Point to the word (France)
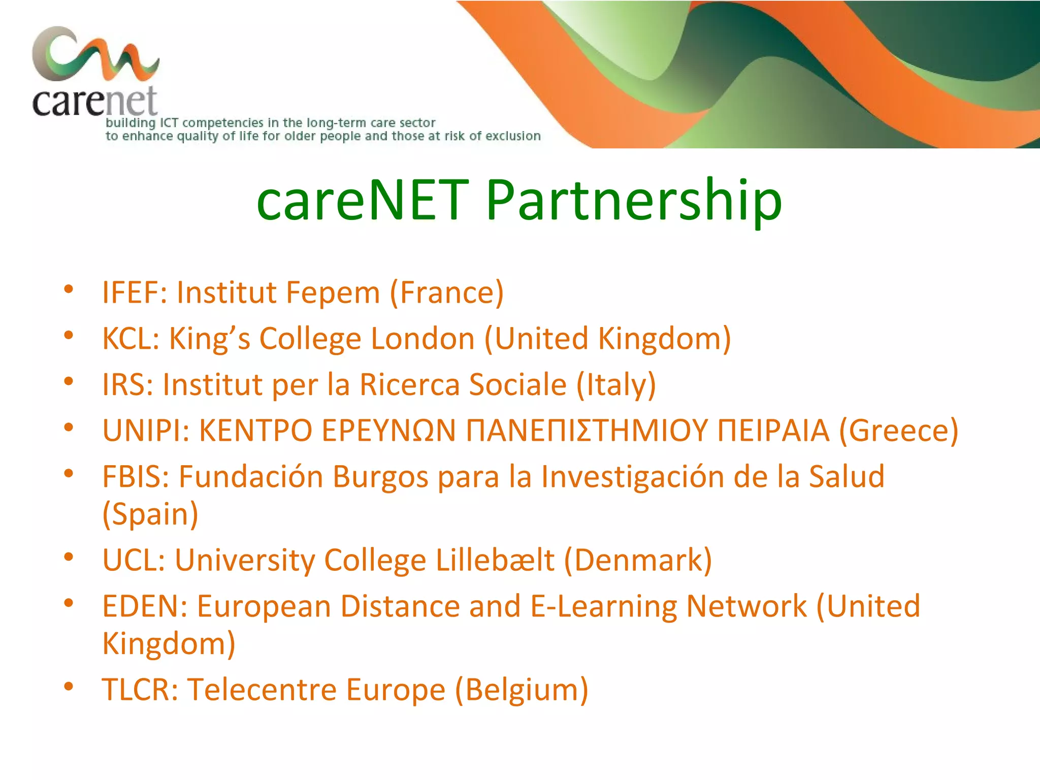[x=446, y=292]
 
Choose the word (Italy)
[x=616, y=384]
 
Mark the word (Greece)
[x=898, y=431]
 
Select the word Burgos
[x=380, y=477]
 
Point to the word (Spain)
[x=150, y=514]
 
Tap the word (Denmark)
[x=638, y=560]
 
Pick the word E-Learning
[x=603, y=606]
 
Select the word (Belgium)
[x=522, y=690]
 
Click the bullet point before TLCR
[x=69, y=687]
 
